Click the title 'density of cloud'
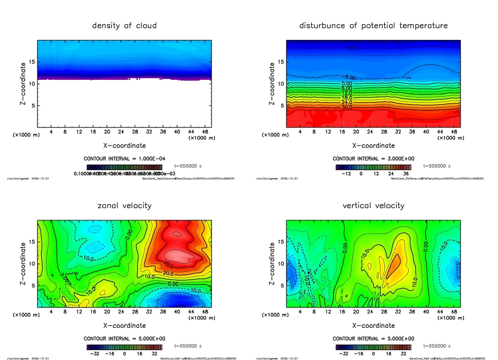point(124,25)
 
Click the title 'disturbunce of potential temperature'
point(373,25)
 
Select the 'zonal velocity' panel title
point(124,205)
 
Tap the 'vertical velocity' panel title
point(373,205)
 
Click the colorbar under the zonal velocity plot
point(124,347)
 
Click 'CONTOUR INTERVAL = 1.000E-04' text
point(124,159)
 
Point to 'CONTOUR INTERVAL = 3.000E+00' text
point(373,159)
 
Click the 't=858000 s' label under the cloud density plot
point(188,166)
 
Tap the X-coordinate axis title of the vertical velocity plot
point(373,325)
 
